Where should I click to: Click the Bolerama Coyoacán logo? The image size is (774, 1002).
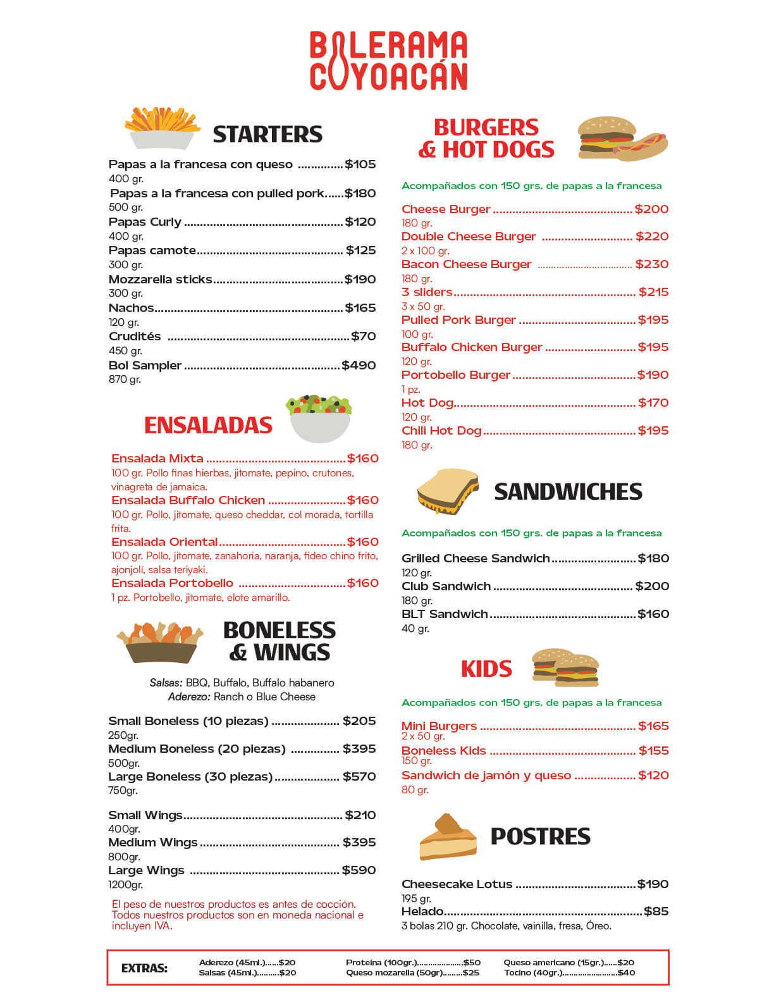[x=388, y=61]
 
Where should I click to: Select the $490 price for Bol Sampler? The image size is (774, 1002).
[x=359, y=366]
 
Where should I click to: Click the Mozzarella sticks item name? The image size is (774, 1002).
[x=161, y=280]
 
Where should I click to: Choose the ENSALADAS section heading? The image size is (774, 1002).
[x=208, y=425]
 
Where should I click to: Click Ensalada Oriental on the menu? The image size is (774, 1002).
[x=164, y=542]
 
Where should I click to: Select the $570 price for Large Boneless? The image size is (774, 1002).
[x=359, y=777]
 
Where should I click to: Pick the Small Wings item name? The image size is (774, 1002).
[x=145, y=815]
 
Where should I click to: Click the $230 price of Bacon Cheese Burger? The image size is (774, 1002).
[x=652, y=264]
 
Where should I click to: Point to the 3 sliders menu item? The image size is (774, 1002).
[x=427, y=292]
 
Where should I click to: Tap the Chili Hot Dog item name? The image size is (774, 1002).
[x=441, y=431]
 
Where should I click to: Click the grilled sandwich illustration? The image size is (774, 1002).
[x=448, y=491]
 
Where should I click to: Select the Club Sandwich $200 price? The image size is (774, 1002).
[x=652, y=586]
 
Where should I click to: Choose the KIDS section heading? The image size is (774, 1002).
[x=486, y=669]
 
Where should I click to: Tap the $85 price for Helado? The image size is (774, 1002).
[x=656, y=912]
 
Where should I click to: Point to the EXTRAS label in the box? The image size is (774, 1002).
[x=144, y=968]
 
